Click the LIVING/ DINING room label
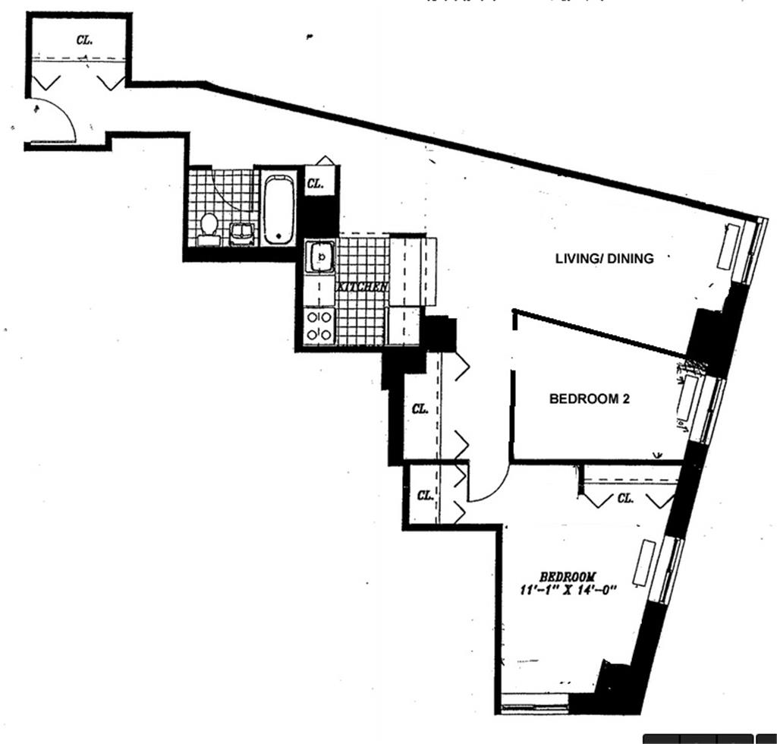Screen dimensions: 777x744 604,258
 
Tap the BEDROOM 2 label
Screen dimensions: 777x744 590,399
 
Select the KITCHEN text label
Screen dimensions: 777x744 363,288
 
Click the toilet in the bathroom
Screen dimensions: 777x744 209,228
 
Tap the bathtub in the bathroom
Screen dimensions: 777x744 278,210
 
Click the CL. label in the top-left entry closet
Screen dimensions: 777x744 84,40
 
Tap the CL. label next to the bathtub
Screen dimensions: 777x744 316,183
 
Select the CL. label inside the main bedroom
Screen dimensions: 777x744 625,499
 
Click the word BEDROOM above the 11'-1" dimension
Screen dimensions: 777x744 568,575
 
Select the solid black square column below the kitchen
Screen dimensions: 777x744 439,334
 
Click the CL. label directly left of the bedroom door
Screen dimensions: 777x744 425,496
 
